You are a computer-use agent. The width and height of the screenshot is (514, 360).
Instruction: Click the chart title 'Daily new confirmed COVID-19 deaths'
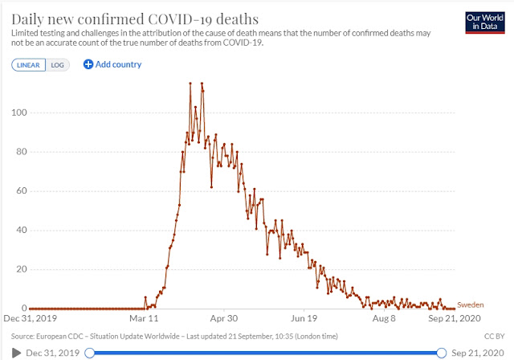(x=135, y=19)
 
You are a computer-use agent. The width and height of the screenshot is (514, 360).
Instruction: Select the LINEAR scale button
(x=29, y=65)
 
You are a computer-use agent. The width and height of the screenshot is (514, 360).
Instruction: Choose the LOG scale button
(x=57, y=65)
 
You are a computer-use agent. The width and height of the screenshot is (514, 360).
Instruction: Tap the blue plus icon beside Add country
(x=88, y=64)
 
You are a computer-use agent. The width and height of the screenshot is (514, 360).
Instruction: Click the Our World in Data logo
(x=485, y=22)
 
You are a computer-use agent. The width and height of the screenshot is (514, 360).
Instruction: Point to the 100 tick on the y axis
(x=19, y=112)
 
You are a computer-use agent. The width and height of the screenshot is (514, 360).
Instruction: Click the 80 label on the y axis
(x=22, y=152)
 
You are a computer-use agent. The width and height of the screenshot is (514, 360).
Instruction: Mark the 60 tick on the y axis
(x=22, y=190)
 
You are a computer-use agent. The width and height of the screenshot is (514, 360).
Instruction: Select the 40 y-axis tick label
(x=22, y=230)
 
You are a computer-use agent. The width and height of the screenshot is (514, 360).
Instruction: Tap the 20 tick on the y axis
(x=22, y=269)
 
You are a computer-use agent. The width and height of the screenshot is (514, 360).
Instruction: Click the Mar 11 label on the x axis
(x=144, y=318)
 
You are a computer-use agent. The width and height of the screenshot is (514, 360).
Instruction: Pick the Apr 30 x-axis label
(x=224, y=318)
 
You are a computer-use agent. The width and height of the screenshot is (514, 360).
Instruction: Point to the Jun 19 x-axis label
(x=304, y=318)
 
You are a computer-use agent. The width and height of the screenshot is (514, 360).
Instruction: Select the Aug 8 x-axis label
(x=384, y=318)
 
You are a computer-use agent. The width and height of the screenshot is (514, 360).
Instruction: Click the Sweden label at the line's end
(x=471, y=305)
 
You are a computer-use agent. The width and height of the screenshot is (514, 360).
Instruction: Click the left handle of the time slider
(x=89, y=353)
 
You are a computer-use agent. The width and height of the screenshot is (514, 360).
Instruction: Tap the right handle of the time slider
(x=442, y=353)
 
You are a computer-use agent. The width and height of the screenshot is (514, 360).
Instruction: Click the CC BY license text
(x=495, y=337)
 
